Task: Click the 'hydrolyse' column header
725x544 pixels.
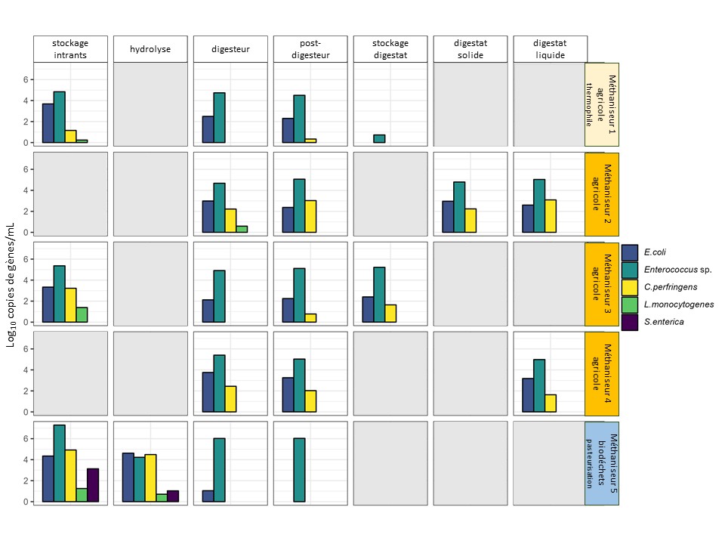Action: (x=150, y=50)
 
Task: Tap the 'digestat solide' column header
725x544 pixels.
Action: (x=470, y=49)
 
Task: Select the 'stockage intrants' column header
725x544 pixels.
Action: (x=70, y=49)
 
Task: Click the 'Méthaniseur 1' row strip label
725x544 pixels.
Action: (x=602, y=104)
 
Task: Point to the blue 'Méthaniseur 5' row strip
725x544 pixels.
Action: (x=602, y=463)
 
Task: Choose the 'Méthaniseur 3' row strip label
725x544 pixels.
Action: (x=602, y=284)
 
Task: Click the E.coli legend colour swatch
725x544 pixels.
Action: (x=630, y=252)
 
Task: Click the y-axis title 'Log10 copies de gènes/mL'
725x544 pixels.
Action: (x=11, y=285)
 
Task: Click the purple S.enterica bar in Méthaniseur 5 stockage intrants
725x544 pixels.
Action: (x=93, y=485)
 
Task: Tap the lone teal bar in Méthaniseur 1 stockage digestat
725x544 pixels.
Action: (x=379, y=138)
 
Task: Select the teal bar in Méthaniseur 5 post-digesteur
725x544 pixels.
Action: (x=299, y=470)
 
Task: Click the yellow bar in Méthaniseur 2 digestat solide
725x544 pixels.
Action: (x=470, y=220)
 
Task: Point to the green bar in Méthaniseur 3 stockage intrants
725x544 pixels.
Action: (x=82, y=314)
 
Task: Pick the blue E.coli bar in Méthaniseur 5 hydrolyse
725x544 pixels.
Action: (x=128, y=478)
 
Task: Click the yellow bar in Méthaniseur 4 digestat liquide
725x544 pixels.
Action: (x=551, y=403)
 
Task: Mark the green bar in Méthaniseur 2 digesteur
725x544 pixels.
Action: (x=242, y=229)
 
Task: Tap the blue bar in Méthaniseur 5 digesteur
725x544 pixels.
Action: (x=208, y=496)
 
